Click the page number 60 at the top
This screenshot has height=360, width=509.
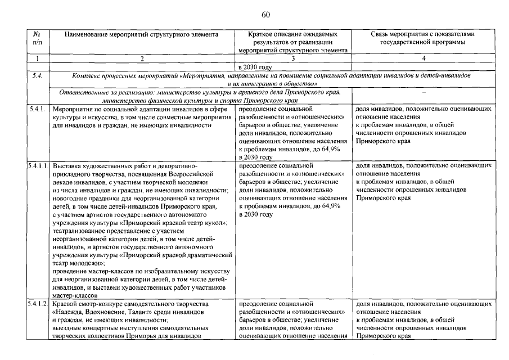266,14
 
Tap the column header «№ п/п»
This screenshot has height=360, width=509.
37,38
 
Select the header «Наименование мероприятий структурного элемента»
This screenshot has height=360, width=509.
141,34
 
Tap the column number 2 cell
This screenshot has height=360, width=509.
141,58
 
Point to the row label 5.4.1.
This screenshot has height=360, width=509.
37,109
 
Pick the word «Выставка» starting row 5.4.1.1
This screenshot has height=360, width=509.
67,166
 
